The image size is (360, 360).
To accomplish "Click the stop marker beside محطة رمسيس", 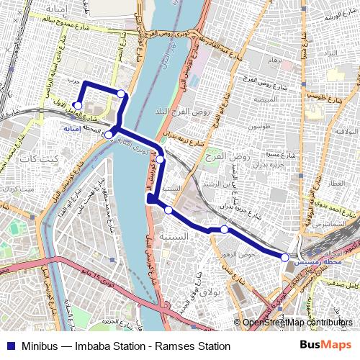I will pos(285,257).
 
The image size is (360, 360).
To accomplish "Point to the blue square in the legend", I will pos(9,346).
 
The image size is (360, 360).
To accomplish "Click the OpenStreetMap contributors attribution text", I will pos(299,323).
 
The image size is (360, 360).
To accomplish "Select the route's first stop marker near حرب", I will pos(77,105).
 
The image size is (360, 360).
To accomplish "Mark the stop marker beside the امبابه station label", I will pos(108,135).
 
